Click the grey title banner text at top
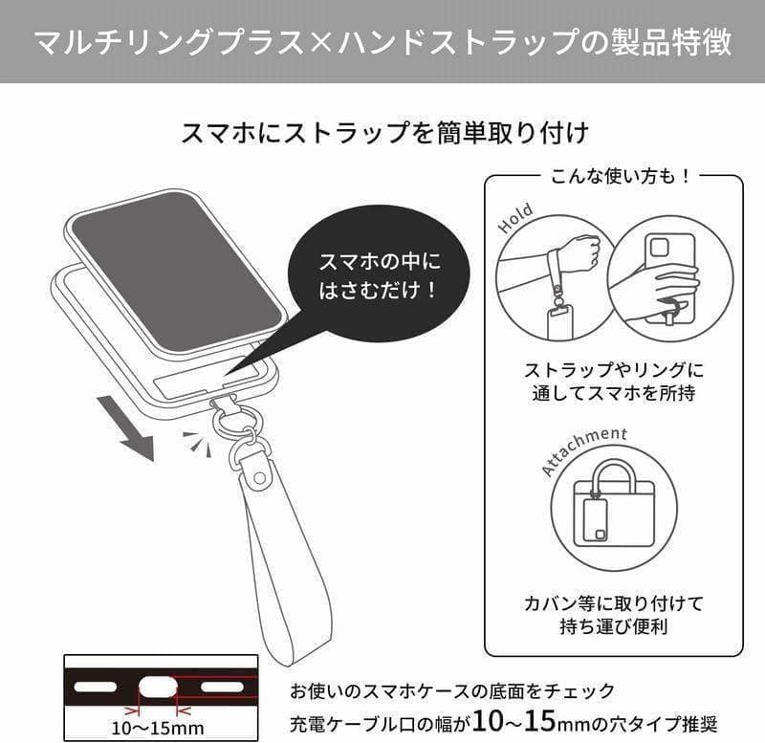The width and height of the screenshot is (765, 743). [x=383, y=42]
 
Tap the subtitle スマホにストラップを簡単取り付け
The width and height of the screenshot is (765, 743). [x=385, y=133]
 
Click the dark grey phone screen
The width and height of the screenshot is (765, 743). [x=176, y=271]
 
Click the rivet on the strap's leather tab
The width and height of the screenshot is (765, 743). [x=260, y=476]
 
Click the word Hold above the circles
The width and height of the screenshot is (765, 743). [x=514, y=219]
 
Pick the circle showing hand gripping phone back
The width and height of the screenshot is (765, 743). [x=670, y=279]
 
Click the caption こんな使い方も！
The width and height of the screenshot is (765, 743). [x=620, y=176]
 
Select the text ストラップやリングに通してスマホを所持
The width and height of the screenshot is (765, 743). [x=614, y=381]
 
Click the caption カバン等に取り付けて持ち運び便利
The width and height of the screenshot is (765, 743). [x=614, y=614]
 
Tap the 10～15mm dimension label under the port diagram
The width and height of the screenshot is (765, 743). [x=158, y=729]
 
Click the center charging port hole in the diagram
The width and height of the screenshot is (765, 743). [x=157, y=688]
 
